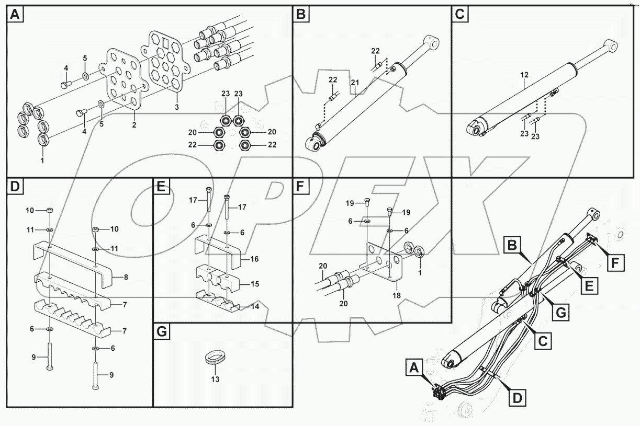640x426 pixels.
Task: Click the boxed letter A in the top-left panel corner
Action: tap(15, 15)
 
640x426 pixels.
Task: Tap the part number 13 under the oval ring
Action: tap(215, 379)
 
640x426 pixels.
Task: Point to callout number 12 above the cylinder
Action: tap(525, 76)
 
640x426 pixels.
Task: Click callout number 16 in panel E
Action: tap(254, 259)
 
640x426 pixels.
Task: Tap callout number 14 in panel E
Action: tap(254, 306)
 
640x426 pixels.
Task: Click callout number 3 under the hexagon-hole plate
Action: tap(176, 107)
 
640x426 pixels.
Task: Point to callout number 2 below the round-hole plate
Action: tap(134, 125)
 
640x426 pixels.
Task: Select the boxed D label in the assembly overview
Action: tap(517, 398)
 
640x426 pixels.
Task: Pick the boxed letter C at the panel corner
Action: tap(459, 15)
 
